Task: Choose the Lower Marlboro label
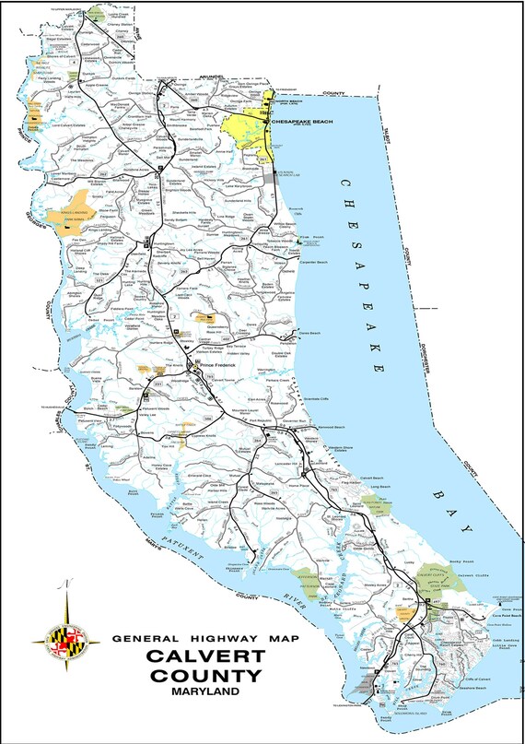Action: [43, 172]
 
